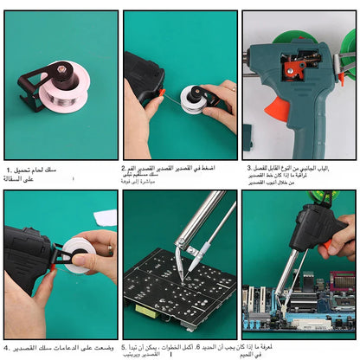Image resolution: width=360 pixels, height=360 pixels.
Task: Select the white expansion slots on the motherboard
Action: pyautogui.click(x=263, y=304)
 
